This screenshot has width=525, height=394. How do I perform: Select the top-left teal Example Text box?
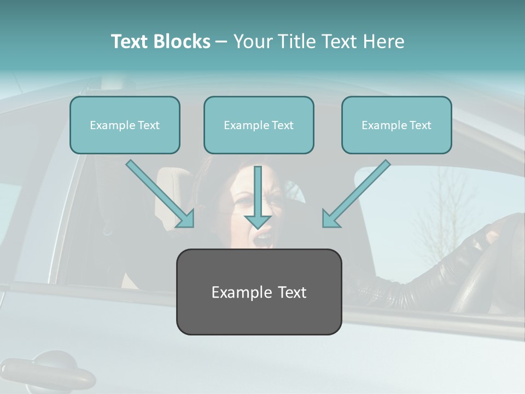pyautogui.click(x=125, y=125)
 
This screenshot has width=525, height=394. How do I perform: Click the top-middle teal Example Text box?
pyautogui.click(x=259, y=125)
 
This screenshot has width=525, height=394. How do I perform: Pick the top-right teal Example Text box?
pyautogui.click(x=396, y=125)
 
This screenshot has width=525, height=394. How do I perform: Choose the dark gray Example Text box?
pyautogui.click(x=259, y=292)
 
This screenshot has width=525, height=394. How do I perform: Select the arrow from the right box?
pyautogui.click(x=356, y=194)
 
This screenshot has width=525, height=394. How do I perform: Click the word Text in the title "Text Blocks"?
pyautogui.click(x=130, y=42)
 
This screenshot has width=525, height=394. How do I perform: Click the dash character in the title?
pyautogui.click(x=221, y=42)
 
